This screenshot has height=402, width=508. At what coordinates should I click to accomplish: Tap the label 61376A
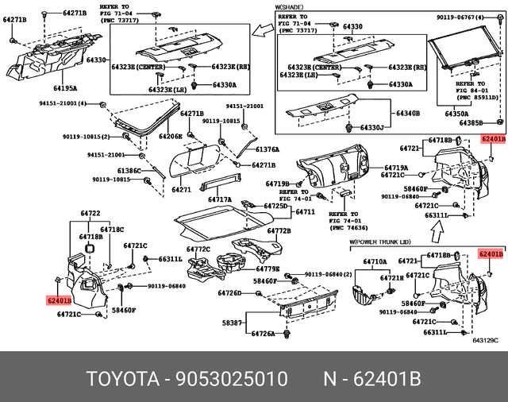coord(267,149)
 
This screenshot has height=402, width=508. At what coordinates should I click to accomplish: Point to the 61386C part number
coord(129,171)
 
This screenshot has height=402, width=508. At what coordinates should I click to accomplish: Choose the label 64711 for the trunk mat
coord(306,212)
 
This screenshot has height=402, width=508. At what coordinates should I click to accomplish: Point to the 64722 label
coord(90,214)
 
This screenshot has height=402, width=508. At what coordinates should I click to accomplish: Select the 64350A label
coord(456,114)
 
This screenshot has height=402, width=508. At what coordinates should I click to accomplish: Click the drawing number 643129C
coord(484,342)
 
